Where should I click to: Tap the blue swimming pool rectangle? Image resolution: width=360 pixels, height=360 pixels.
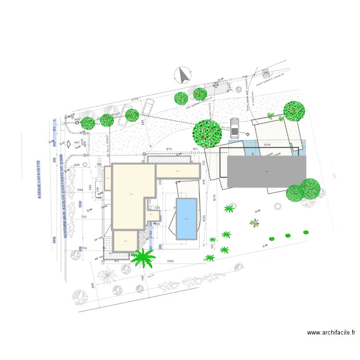point(186,218)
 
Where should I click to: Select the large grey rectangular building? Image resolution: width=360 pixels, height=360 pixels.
point(266,171)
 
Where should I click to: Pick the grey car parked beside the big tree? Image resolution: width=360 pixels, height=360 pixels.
point(234,127)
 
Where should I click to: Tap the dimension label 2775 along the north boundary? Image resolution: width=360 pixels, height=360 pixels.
point(135,99)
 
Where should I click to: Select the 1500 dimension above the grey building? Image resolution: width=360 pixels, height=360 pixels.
point(267,144)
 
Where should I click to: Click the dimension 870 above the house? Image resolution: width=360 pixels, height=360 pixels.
point(168,150)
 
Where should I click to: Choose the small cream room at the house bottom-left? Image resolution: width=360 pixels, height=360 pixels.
point(124,241)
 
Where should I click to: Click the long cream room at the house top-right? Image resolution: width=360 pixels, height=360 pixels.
point(178,171)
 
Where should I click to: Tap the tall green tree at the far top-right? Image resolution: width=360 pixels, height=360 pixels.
point(294,111)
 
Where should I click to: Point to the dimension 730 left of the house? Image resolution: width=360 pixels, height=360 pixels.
point(84,217)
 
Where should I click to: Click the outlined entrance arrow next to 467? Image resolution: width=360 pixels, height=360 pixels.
point(69,143)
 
